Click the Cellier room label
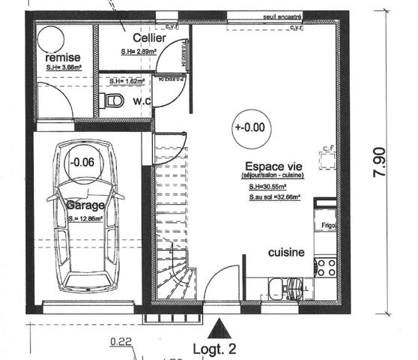[149, 37]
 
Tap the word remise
[62, 58]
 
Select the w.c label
[142, 100]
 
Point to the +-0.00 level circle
[249, 127]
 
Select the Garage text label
[85, 204]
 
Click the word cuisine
[286, 253]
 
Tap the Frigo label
[327, 224]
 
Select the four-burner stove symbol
[326, 267]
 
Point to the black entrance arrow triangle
[218, 327]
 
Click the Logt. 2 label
[215, 349]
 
